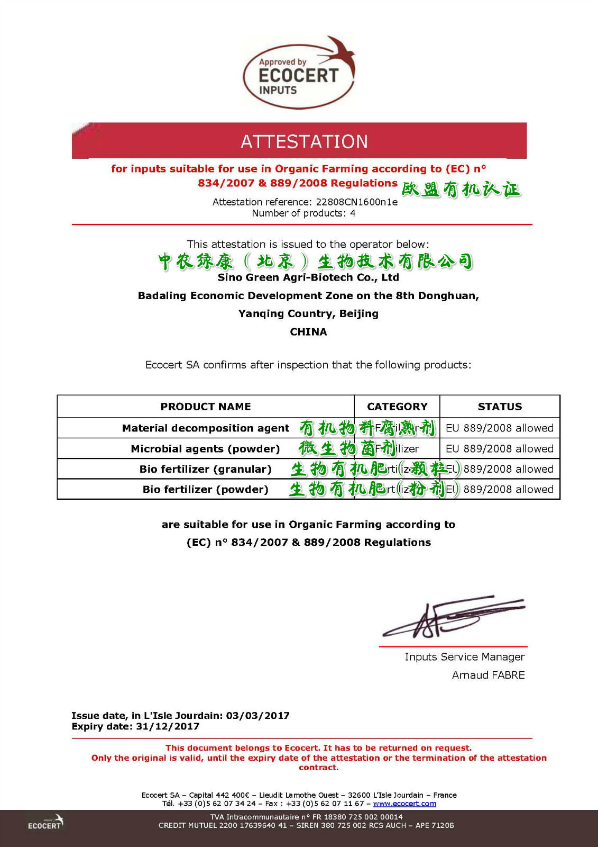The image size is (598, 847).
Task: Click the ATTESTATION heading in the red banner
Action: click(x=304, y=141)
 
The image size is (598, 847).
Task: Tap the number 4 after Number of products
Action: click(x=353, y=213)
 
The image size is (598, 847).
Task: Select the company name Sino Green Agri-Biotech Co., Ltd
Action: click(x=308, y=277)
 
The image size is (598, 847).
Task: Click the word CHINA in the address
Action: click(x=308, y=332)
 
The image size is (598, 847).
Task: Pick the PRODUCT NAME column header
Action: click(x=206, y=407)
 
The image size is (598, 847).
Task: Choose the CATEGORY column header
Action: click(x=397, y=407)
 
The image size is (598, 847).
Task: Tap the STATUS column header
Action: click(x=500, y=407)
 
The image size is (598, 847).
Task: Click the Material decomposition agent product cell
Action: click(x=206, y=428)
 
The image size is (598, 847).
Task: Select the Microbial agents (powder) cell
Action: click(x=206, y=448)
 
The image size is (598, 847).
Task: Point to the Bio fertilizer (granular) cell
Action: click(x=206, y=469)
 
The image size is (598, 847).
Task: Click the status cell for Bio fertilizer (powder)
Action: click(x=500, y=489)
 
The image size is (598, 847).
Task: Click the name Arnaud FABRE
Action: click(x=488, y=675)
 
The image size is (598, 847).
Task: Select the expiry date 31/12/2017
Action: click(x=168, y=726)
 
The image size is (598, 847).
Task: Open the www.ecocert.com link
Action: click(x=404, y=804)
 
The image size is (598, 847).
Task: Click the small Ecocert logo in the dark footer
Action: click(x=45, y=823)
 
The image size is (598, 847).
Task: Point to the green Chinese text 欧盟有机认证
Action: click(x=461, y=190)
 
